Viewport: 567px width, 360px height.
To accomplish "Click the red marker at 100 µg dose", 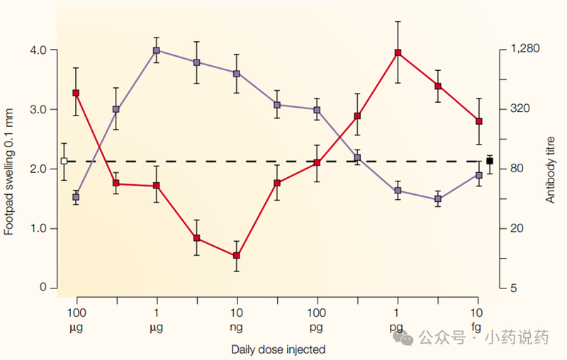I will tap(76, 93).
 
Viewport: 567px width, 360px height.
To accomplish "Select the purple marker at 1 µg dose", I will tap(156, 50).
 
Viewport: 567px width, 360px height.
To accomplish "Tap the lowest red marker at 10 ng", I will tap(237, 256).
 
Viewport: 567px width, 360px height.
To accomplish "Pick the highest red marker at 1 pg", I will tap(398, 52).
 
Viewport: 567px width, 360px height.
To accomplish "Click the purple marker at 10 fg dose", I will tap(479, 175).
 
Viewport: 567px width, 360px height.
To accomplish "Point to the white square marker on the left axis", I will tap(64, 161).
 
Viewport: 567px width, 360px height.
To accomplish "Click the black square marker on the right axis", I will tap(490, 161).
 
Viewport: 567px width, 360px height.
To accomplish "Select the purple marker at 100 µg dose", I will tap(76, 197).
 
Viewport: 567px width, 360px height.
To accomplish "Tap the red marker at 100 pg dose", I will tap(317, 163).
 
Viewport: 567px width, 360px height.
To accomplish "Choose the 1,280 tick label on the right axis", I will tap(525, 50).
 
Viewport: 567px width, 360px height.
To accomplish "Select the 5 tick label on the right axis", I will tap(513, 288).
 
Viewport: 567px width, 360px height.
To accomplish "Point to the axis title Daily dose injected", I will tap(278, 349).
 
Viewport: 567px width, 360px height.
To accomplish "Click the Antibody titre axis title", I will tap(551, 169).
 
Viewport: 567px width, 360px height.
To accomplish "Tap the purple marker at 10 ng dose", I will tap(237, 74).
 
